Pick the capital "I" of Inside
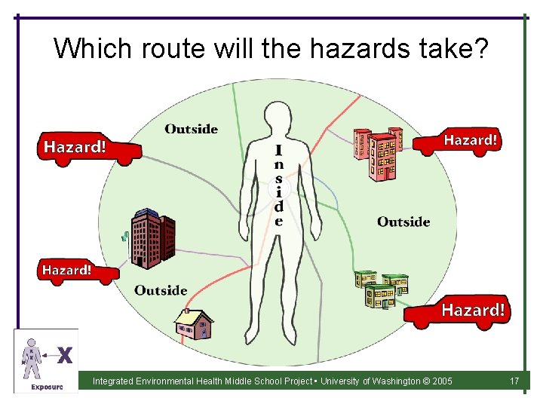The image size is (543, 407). [x=279, y=151]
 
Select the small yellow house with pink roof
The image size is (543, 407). [x=194, y=323]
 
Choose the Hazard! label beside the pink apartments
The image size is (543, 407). [x=470, y=140]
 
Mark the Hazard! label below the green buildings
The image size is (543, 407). [x=473, y=310]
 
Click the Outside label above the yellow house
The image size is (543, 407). [x=161, y=290]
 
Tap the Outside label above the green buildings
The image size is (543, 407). [x=403, y=222]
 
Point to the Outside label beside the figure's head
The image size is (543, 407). [x=191, y=129]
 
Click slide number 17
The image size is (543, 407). [x=514, y=381]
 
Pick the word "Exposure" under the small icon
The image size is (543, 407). [x=47, y=387]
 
